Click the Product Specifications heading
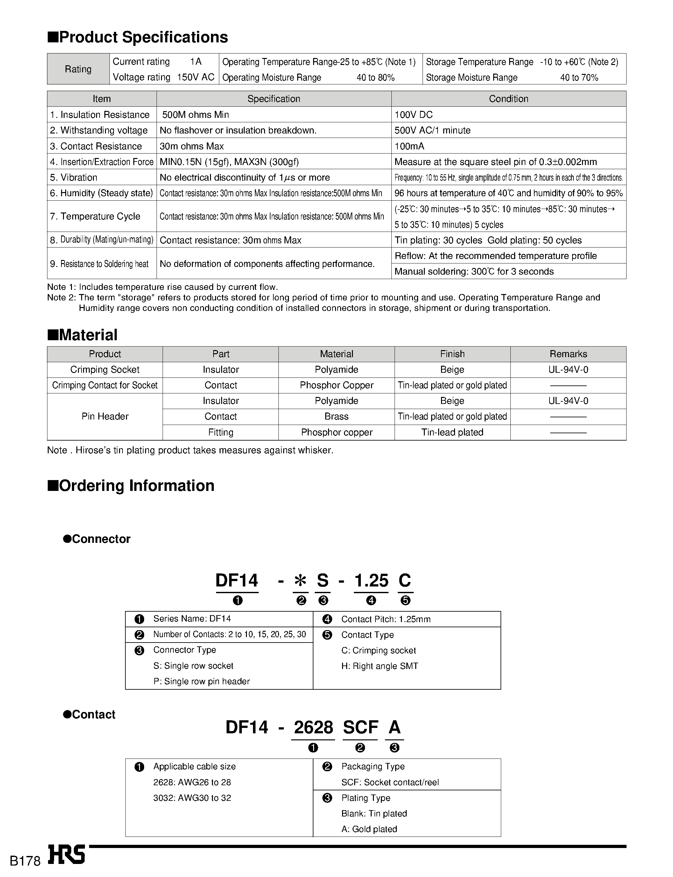point(138,37)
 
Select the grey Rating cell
point(78,69)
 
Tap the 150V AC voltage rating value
point(195,77)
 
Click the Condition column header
point(508,99)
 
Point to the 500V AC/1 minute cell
point(432,130)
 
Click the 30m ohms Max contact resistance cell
point(192,146)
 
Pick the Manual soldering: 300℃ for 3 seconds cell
point(474,271)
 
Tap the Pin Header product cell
point(105,416)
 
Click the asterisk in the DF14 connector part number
point(300,581)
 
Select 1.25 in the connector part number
point(371,581)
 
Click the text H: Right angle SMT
point(379,666)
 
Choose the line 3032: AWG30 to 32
point(192,798)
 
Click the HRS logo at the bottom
point(67,855)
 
